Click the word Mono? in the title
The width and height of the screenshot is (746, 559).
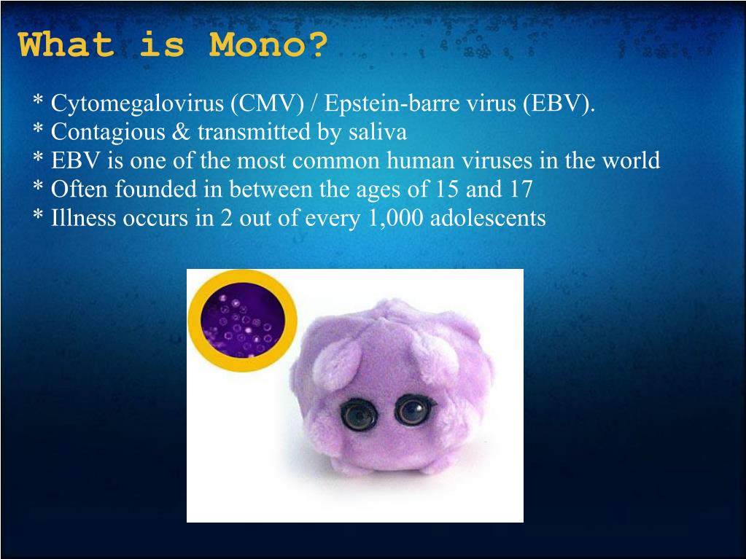[x=268, y=45]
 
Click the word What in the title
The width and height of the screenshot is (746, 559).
[x=66, y=45]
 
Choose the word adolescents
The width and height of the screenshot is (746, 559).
[x=488, y=217]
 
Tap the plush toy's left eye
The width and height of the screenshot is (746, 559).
[x=357, y=415]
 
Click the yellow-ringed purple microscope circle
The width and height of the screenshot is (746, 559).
[x=242, y=321]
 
